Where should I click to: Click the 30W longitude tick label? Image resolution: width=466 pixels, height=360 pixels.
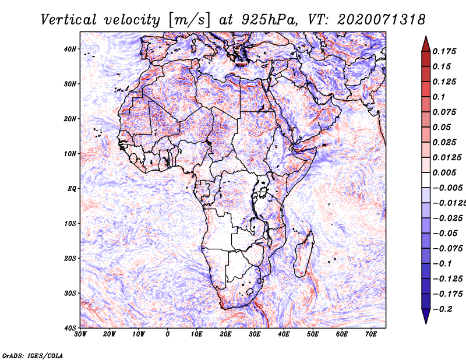coord(80,334)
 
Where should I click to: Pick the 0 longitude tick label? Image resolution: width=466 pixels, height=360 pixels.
coord(168,334)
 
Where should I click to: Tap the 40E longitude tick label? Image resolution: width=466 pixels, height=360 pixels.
coord(284,334)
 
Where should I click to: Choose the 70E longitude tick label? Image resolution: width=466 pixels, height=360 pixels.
coord(371,334)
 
